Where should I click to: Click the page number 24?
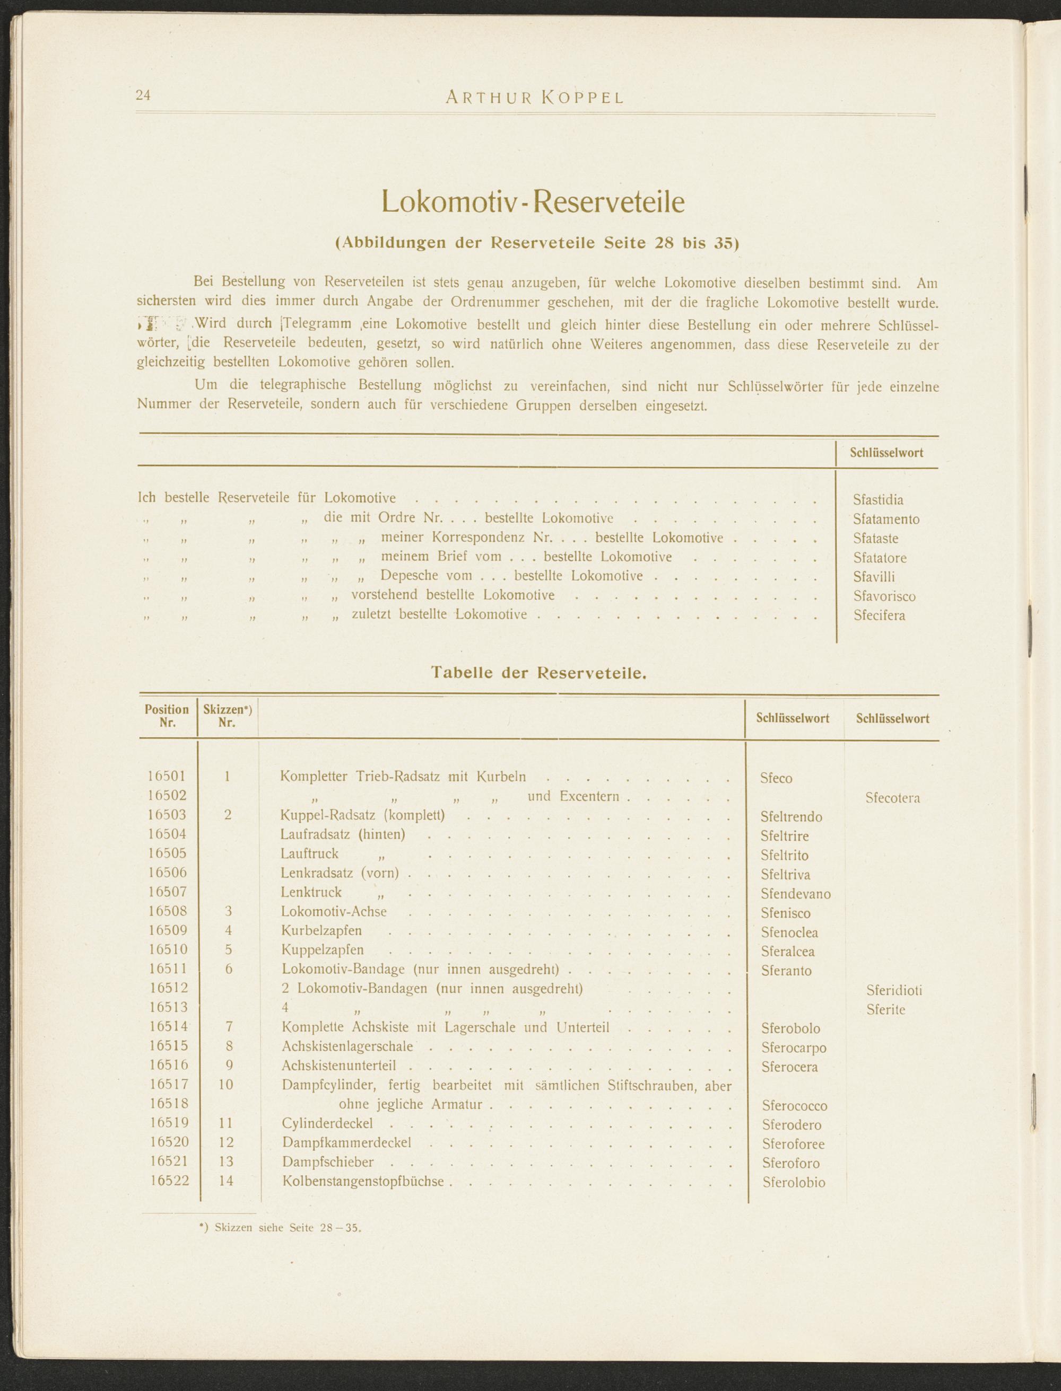tap(143, 95)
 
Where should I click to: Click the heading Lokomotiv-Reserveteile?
tap(533, 202)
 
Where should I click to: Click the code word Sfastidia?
tap(878, 500)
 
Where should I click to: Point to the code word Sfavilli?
tap(874, 577)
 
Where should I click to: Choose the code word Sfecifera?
tap(879, 615)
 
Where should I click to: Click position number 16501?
tap(167, 776)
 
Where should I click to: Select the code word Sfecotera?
tap(892, 798)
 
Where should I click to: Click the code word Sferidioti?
tap(894, 990)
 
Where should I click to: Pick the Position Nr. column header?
tap(167, 716)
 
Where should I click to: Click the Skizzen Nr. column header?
tap(228, 716)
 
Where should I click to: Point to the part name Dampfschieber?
tap(328, 1162)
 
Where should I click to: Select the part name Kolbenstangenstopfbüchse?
tap(363, 1181)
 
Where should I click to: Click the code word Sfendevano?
tap(796, 894)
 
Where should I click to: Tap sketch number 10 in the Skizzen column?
tap(225, 1085)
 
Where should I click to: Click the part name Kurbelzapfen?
tap(321, 931)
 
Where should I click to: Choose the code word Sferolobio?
tap(794, 1183)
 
